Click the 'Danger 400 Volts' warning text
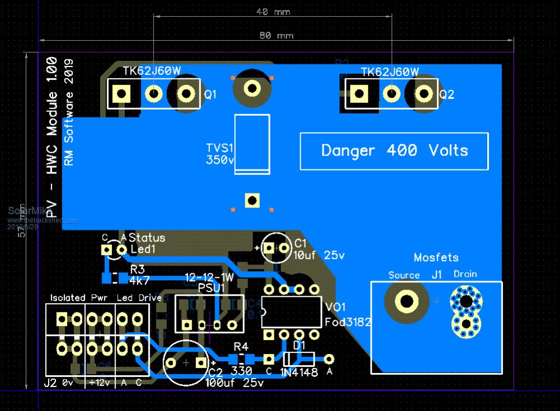[x=394, y=150]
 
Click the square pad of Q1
[x=121, y=93]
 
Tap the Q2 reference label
[x=447, y=95]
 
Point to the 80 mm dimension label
[x=277, y=35]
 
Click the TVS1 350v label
[x=220, y=154]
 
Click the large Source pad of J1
[x=407, y=301]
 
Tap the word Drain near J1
[x=465, y=274]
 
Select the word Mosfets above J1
[x=436, y=258]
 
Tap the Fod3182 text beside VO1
[x=347, y=323]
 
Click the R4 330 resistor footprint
[x=240, y=360]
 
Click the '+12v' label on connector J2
[x=100, y=383]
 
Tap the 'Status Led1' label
[x=147, y=243]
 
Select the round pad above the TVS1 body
[x=252, y=88]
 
